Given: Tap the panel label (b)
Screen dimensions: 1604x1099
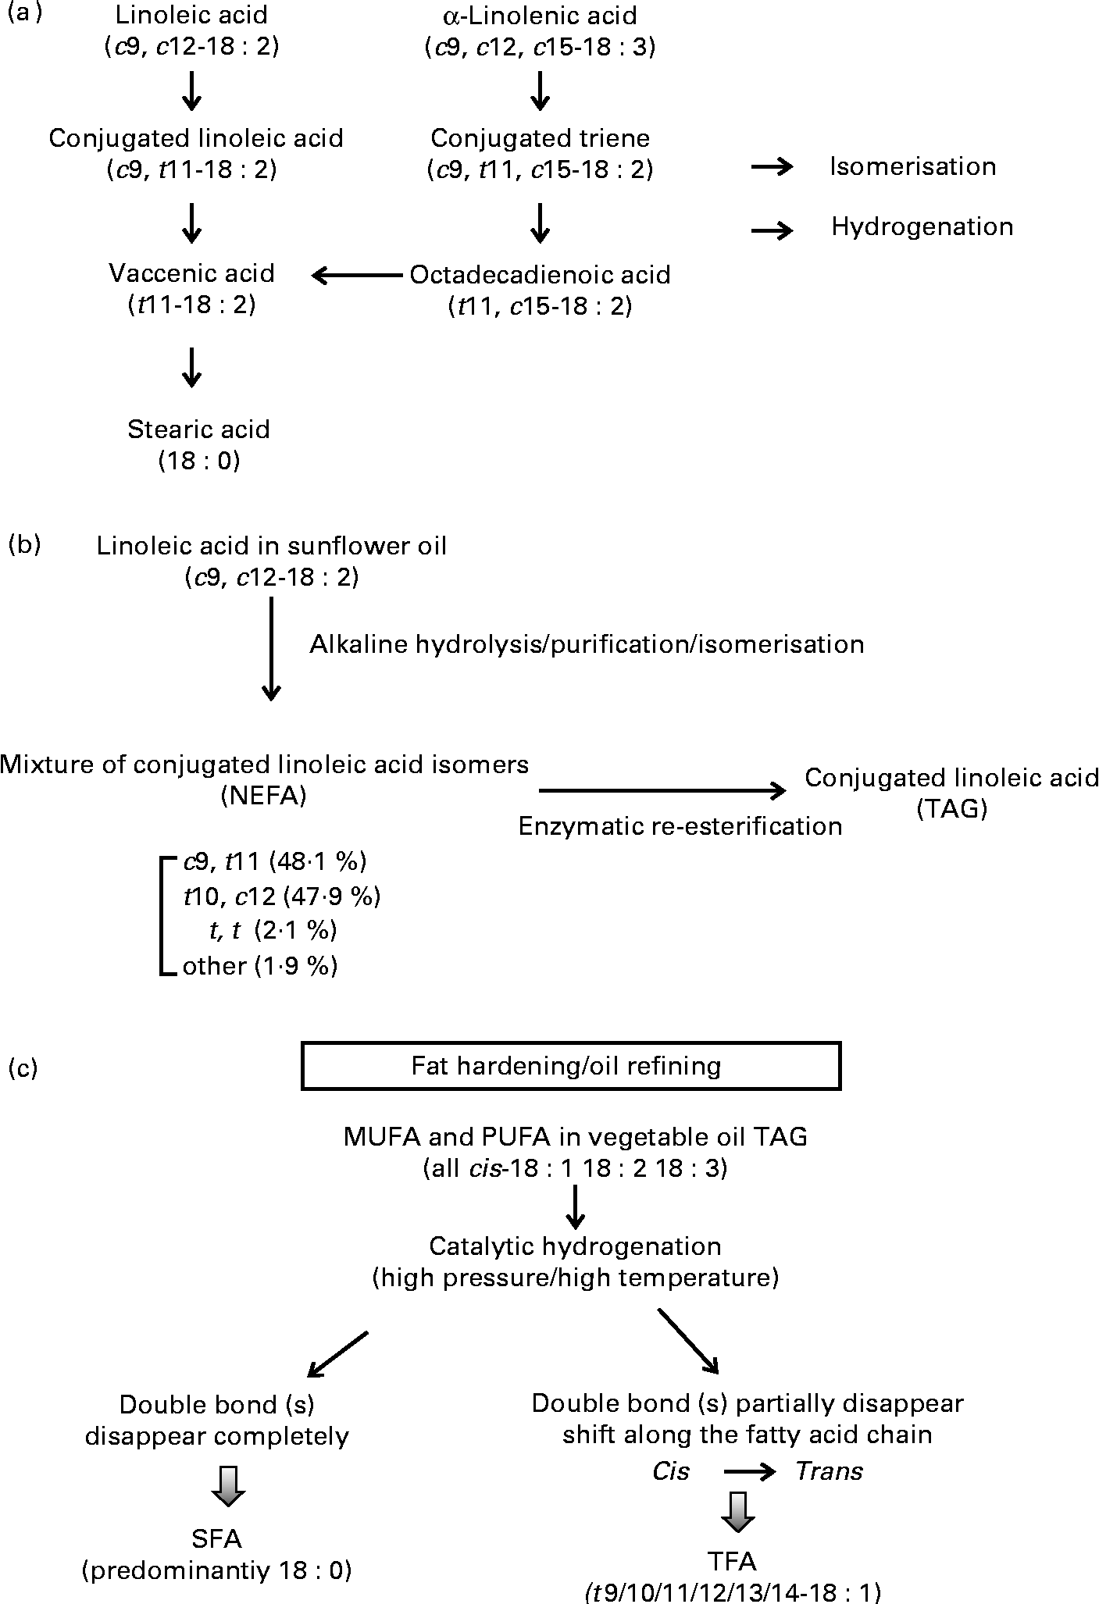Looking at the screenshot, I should click(23, 545).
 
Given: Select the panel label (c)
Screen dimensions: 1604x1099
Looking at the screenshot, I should click(23, 1067).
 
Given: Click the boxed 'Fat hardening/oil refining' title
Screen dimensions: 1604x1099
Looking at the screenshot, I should click(570, 1066).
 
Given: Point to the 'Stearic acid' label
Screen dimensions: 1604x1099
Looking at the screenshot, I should click(198, 430).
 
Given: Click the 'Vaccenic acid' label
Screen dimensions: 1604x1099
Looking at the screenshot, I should click(191, 273).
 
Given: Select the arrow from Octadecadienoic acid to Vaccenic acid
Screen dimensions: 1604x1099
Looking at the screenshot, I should click(356, 275).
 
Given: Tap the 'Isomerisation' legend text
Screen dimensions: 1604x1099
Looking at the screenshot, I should click(912, 166).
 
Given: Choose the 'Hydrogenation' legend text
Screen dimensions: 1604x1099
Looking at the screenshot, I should click(922, 226).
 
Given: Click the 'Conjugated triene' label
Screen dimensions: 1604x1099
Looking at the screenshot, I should click(540, 138).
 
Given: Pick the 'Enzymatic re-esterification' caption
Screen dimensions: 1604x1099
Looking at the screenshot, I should click(680, 826).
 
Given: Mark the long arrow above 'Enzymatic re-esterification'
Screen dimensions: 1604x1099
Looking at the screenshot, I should click(662, 791).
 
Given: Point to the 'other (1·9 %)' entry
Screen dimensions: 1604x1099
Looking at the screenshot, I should click(259, 966).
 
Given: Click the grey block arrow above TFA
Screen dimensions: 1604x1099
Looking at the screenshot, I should click(737, 1511).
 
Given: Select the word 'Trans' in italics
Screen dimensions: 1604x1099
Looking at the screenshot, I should click(829, 1471).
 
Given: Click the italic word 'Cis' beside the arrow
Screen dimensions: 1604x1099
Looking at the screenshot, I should click(671, 1471).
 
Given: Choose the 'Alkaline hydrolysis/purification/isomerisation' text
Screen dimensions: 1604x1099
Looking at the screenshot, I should click(587, 644).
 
